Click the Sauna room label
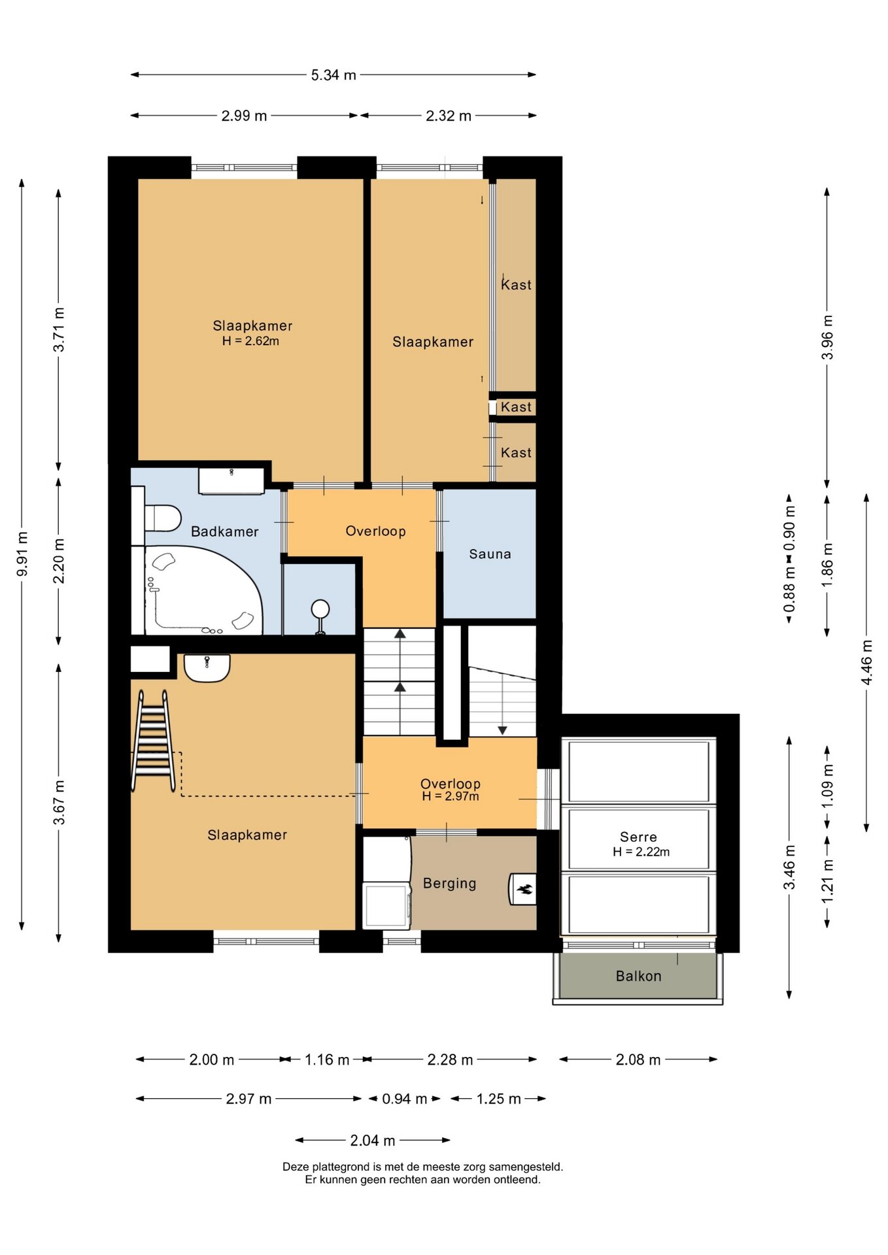tap(490, 554)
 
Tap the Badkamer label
tap(224, 531)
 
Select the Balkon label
tap(638, 976)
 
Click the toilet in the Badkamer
tap(162, 518)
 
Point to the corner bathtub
tap(203, 590)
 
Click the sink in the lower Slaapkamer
tap(207, 668)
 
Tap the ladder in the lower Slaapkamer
tap(154, 741)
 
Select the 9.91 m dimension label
tap(22, 554)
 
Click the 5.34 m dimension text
tap(333, 75)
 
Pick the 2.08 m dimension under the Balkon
tap(638, 1060)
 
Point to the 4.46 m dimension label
tap(866, 662)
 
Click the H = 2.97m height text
tap(451, 796)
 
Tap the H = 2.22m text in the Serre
tap(641, 852)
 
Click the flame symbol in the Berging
tap(524, 889)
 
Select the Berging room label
tap(449, 884)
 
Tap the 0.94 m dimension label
tap(404, 1099)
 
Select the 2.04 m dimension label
tap(373, 1141)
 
